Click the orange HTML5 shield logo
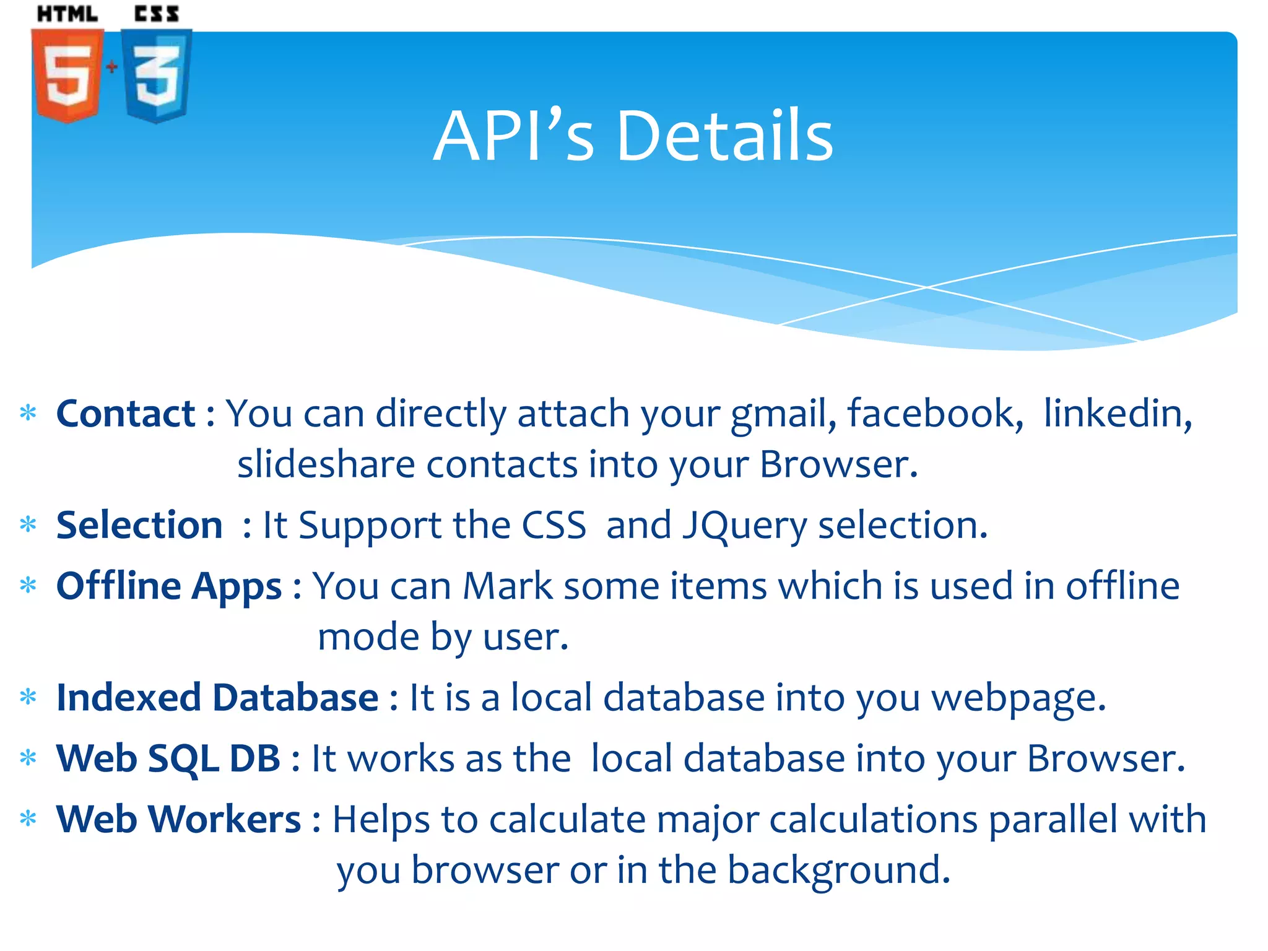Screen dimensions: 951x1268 coord(67,76)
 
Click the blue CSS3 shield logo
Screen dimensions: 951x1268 coord(156,76)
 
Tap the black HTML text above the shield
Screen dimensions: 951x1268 coord(67,14)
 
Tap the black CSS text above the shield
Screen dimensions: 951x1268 coord(157,14)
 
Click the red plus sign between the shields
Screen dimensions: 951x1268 coord(111,66)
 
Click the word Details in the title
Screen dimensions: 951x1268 coord(724,136)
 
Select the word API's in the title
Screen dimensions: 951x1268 coord(514,136)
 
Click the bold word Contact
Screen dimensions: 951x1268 coord(126,413)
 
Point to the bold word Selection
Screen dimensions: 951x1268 coord(139,525)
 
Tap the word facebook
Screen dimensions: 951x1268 coord(935,413)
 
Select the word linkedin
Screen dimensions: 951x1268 coord(1118,413)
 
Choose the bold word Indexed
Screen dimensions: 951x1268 coord(129,697)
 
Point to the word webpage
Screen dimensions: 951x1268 coord(1018,698)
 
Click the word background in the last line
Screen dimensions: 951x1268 coord(838,871)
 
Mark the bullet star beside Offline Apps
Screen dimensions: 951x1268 coord(28,584)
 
